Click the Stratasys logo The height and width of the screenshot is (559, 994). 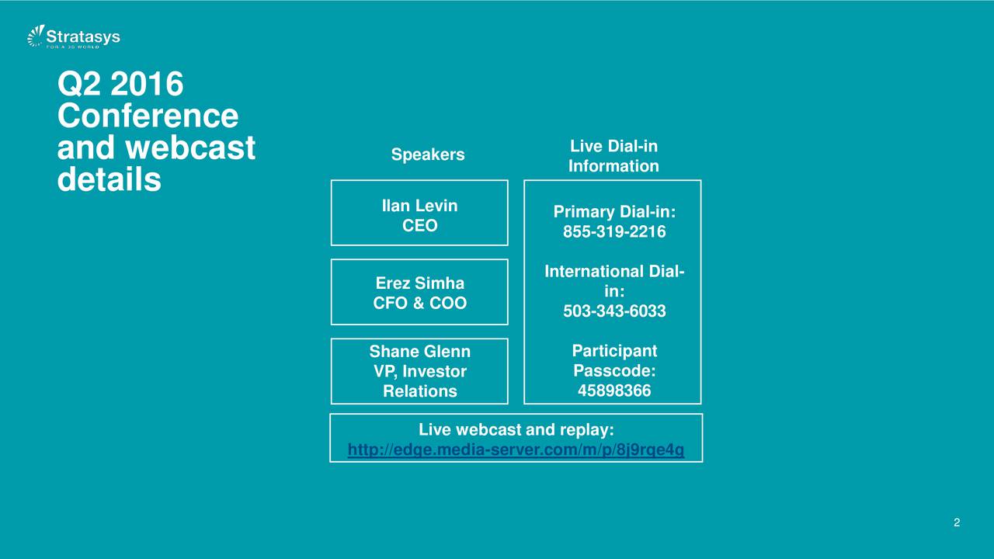74,36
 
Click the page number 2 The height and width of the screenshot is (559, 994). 957,523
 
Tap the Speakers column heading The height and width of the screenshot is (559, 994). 428,155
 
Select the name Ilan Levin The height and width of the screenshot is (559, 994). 419,206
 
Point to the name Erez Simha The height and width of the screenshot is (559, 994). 420,283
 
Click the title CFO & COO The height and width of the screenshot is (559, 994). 420,303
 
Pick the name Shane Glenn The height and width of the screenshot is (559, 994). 420,352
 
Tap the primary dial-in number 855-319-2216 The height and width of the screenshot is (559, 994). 614,231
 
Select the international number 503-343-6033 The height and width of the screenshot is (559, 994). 614,311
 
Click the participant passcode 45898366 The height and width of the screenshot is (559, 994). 614,391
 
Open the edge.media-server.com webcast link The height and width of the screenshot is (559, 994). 516,450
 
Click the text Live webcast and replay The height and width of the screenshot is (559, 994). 516,429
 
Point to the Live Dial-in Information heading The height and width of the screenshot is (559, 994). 613,156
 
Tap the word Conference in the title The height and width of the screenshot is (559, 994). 148,116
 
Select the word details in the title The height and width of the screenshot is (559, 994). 109,179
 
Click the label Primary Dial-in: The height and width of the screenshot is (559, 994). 614,212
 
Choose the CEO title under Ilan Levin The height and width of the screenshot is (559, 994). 420,225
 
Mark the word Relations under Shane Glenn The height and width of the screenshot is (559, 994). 420,391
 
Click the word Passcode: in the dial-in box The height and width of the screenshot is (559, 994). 614,370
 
